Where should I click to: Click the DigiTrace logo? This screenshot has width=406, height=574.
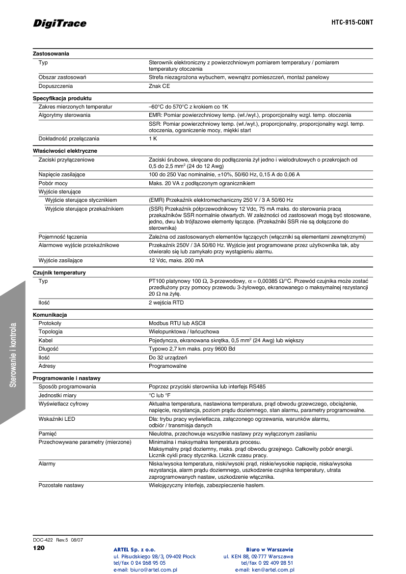pyautogui.click(x=59, y=24)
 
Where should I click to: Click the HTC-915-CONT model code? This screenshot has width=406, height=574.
pyautogui.click(x=352, y=23)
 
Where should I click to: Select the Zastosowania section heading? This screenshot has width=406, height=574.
pyautogui.click(x=51, y=54)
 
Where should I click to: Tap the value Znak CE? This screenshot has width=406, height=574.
pyautogui.click(x=160, y=86)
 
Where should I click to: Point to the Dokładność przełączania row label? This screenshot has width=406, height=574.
pyautogui.click(x=69, y=139)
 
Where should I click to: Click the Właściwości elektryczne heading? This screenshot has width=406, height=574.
pyautogui.click(x=65, y=151)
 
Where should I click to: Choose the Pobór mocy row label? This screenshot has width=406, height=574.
pyautogui.click(x=53, y=183)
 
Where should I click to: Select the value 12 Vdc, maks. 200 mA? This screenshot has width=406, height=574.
pyautogui.click(x=176, y=260)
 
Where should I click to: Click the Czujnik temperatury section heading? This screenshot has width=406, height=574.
pyautogui.click(x=59, y=273)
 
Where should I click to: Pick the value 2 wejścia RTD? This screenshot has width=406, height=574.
pyautogui.click(x=166, y=303)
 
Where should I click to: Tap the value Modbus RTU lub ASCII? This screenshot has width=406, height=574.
pyautogui.click(x=177, y=323)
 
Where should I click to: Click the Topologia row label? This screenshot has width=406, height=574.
pyautogui.click(x=51, y=331)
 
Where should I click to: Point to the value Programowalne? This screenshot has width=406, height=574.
pyautogui.click(x=167, y=366)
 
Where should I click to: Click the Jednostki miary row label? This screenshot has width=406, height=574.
pyautogui.click(x=57, y=395)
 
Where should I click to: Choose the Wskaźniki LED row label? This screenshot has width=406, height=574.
pyautogui.click(x=57, y=419)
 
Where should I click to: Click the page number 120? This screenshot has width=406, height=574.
pyautogui.click(x=38, y=547)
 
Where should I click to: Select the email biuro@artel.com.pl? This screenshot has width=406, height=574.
pyautogui.click(x=145, y=570)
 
